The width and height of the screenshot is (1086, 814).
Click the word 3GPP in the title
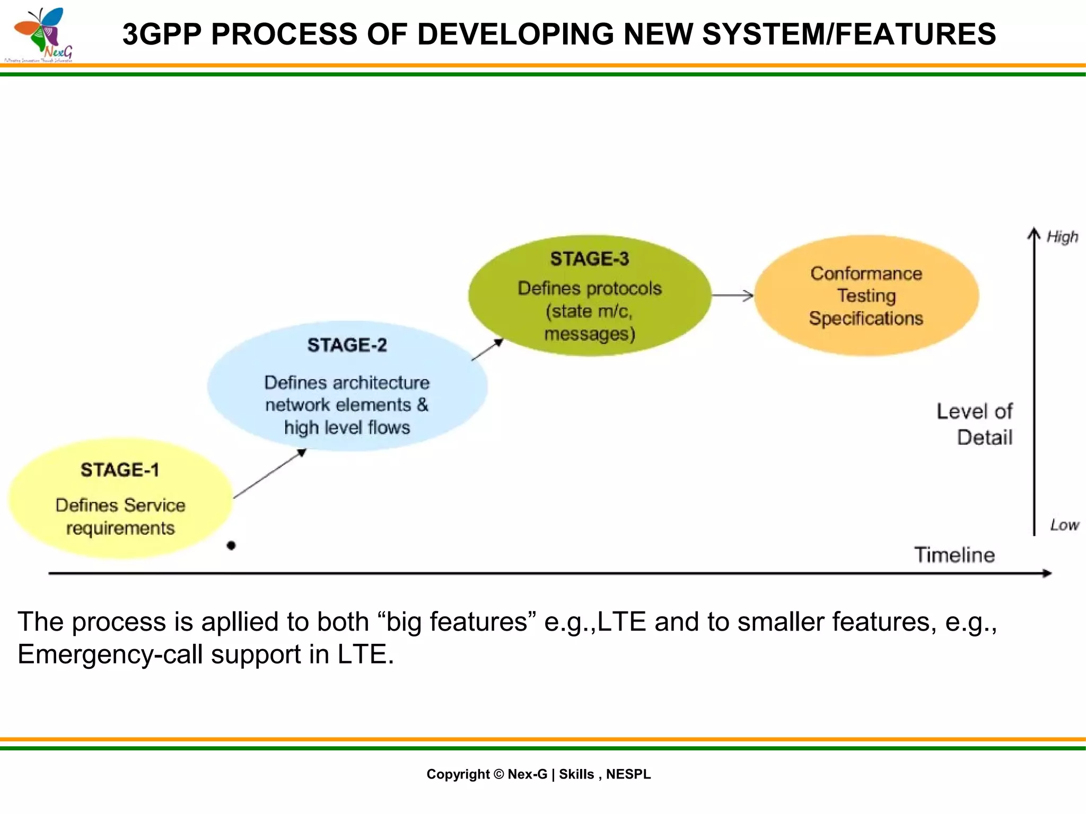[x=162, y=34]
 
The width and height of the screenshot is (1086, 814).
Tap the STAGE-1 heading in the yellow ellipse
[x=120, y=470]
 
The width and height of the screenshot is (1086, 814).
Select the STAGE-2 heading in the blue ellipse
[x=347, y=345]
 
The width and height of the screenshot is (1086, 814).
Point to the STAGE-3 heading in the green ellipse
[x=589, y=259]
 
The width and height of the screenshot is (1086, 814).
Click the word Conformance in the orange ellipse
[x=866, y=273]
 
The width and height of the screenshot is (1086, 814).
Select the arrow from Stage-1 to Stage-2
[x=269, y=474]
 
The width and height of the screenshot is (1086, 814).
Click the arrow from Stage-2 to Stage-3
[x=487, y=350]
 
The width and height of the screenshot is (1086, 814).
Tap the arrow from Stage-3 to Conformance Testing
[x=732, y=296]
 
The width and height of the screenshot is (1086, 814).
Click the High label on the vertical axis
[x=1062, y=236]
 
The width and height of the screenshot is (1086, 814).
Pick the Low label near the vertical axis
[x=1064, y=525]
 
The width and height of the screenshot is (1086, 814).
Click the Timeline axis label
[x=954, y=555]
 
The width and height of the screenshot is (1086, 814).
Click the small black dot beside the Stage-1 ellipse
[x=231, y=545]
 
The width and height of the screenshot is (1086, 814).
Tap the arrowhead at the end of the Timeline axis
[x=1047, y=573]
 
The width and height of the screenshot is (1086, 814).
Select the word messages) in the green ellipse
[x=589, y=334]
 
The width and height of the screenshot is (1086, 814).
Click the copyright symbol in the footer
[x=498, y=774]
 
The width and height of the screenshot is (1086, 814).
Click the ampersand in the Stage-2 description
[x=423, y=405]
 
